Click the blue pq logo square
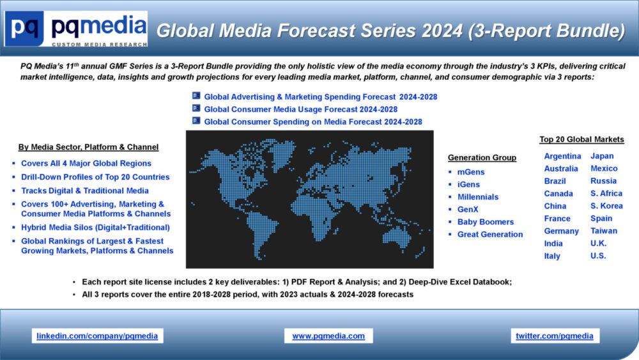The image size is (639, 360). tap(24, 28)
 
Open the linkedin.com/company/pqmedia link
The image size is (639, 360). tap(97, 336)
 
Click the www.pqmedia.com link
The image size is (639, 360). tap(328, 336)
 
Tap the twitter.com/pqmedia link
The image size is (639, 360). tap(555, 336)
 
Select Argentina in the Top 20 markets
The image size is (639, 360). tap(562, 156)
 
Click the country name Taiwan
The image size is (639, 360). tap(604, 231)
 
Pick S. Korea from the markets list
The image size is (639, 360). tap(606, 206)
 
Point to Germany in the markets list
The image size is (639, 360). tap(561, 231)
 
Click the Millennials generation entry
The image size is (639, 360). tap(477, 197)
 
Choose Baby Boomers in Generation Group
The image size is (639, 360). tap(486, 222)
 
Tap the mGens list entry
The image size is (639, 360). tap(471, 172)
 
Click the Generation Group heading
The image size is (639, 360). tap(482, 157)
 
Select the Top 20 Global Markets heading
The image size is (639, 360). tap(581, 139)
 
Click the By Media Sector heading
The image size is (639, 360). tap(88, 147)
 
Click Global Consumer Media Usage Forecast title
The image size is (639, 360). tap(301, 109)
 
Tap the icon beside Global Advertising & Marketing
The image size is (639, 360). tap(196, 95)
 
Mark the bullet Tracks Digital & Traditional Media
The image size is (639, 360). tap(85, 191)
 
